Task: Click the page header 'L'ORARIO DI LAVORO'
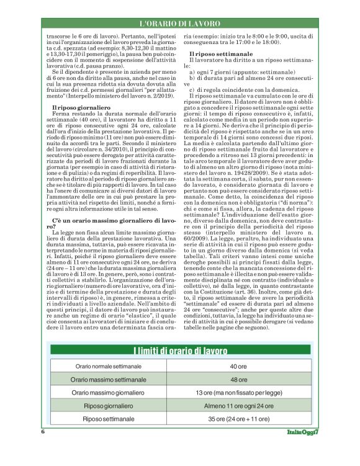coord(179,23)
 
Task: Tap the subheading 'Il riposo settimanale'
coord(217,56)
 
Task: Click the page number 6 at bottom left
coord(43,432)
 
